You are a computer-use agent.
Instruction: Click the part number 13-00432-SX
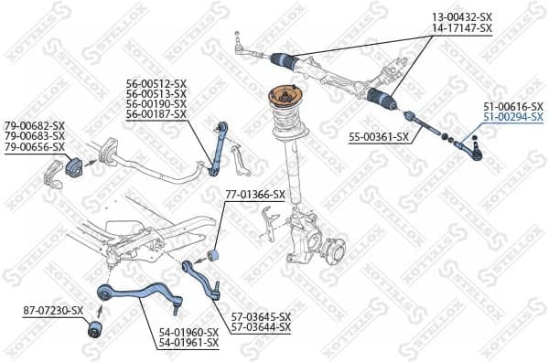(x=462, y=17)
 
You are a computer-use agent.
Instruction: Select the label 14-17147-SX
(x=462, y=28)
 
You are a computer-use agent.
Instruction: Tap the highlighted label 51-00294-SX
(x=513, y=117)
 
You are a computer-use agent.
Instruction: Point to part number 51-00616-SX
(x=513, y=106)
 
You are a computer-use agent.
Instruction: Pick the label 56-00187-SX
(x=156, y=114)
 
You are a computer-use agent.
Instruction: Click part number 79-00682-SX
(x=35, y=125)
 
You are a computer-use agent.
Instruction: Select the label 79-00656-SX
(x=35, y=147)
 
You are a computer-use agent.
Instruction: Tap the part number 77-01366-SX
(x=255, y=195)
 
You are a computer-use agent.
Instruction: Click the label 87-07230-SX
(x=53, y=311)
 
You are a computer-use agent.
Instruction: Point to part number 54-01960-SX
(x=188, y=332)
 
